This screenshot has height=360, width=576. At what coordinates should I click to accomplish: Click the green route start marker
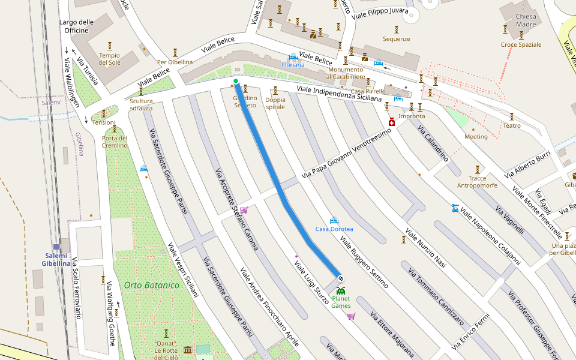click(236, 82)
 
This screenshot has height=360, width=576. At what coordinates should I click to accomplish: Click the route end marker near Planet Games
click(340, 278)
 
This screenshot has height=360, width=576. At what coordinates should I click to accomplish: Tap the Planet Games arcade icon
click(341, 290)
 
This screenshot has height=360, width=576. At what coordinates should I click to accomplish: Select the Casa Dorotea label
click(334, 229)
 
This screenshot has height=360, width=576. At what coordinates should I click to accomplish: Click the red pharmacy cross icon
click(392, 122)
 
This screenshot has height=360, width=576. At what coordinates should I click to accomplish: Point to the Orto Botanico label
click(152, 285)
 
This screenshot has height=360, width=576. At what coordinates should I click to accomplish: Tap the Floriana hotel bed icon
click(293, 56)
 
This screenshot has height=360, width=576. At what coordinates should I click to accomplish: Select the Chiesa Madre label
click(526, 20)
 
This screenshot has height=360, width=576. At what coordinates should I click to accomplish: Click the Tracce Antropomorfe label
click(478, 182)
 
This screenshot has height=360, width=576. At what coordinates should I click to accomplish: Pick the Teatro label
click(512, 126)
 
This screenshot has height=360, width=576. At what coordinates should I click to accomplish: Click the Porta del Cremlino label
click(115, 142)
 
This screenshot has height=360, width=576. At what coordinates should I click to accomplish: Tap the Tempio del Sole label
click(110, 59)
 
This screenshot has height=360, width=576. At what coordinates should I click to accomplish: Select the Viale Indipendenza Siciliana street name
click(340, 94)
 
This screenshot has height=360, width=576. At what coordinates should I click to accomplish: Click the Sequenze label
click(397, 39)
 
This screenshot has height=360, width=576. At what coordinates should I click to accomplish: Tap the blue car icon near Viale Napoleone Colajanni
click(455, 209)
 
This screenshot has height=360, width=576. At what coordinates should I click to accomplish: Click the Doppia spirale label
click(275, 103)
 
